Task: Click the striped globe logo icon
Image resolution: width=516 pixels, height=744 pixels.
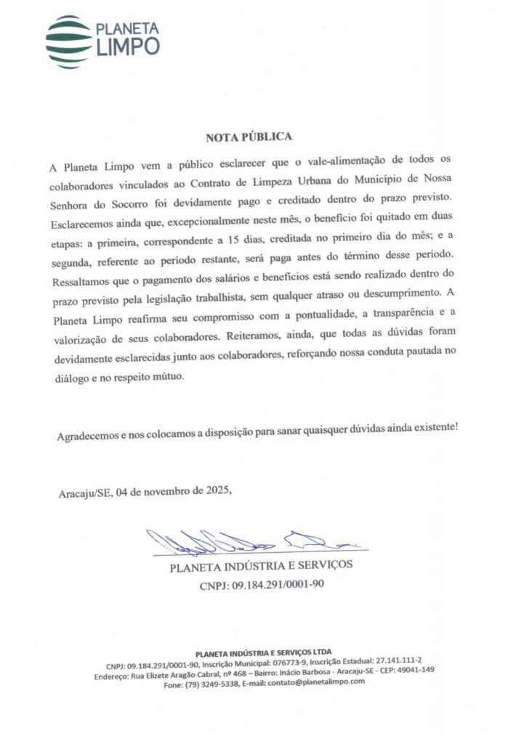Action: [x=69, y=41]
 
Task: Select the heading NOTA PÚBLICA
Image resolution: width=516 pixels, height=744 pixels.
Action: [x=249, y=137]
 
